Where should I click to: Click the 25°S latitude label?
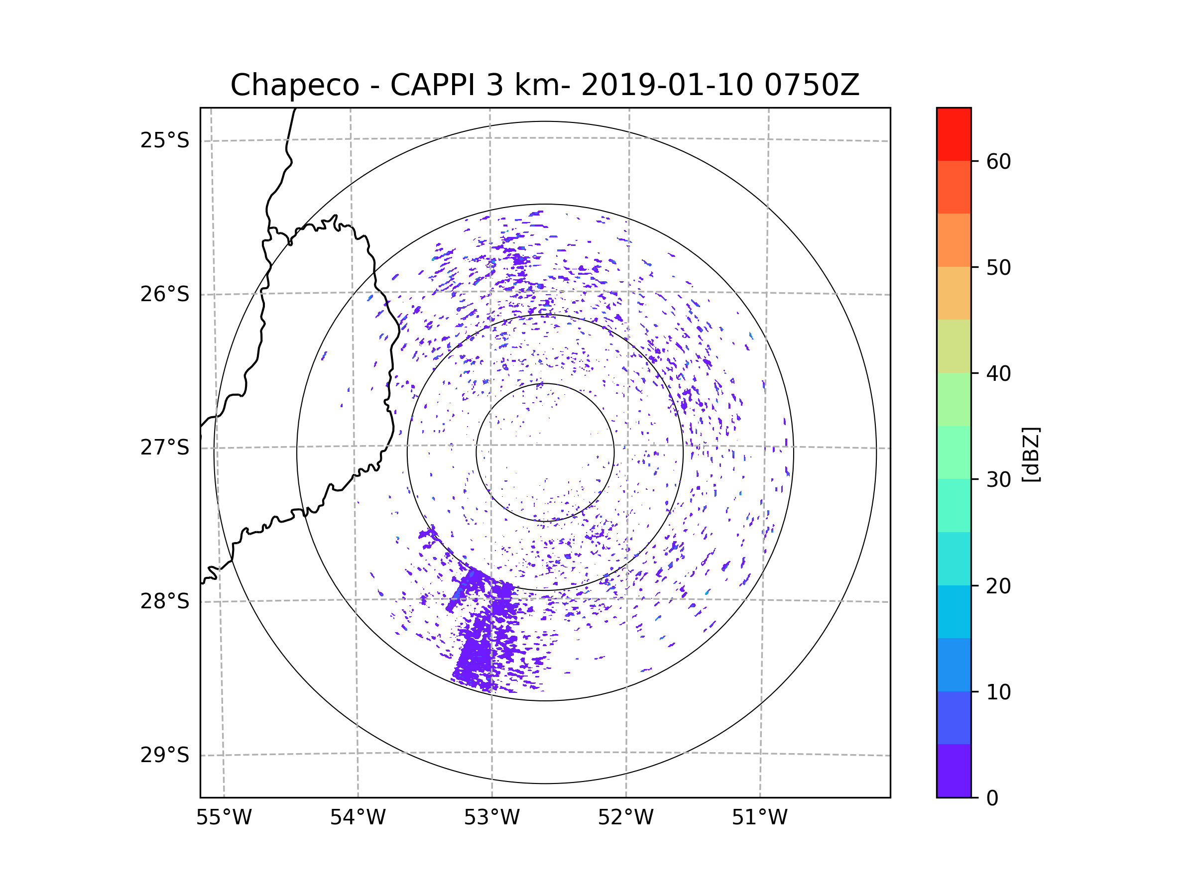click(165, 140)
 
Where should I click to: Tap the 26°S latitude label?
click(165, 294)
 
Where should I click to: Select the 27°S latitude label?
click(165, 448)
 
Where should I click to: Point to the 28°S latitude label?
click(165, 601)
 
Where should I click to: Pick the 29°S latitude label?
click(165, 755)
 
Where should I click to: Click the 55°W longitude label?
click(224, 818)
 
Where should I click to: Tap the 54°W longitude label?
click(358, 818)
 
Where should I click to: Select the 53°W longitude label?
click(491, 818)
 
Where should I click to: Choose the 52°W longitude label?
click(625, 818)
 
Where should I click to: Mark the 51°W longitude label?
click(759, 818)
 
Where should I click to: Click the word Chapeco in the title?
click(294, 85)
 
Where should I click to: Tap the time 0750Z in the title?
click(812, 85)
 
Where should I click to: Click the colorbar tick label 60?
click(998, 161)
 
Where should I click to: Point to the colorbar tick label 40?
click(998, 374)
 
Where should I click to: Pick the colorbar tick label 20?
click(998, 586)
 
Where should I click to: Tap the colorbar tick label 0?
click(992, 798)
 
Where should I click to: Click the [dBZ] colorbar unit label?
click(1031, 454)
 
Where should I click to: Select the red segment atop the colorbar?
click(954, 134)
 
